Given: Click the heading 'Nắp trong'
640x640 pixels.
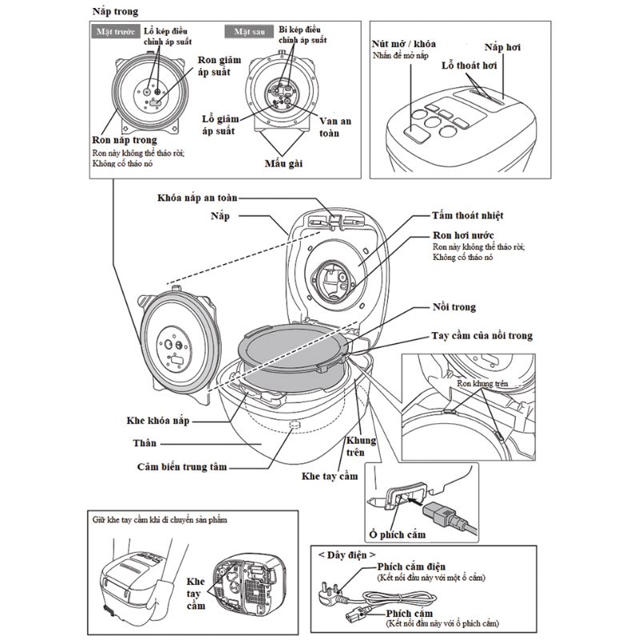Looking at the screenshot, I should pyautogui.click(x=115, y=12).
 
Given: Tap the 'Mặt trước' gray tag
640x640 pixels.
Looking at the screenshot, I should pyautogui.click(x=113, y=33).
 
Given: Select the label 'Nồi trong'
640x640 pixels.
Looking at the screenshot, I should pyautogui.click(x=452, y=306).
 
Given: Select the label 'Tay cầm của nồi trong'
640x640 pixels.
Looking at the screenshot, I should pyautogui.click(x=480, y=336).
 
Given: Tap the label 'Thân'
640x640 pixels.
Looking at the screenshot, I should pyautogui.click(x=145, y=442).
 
